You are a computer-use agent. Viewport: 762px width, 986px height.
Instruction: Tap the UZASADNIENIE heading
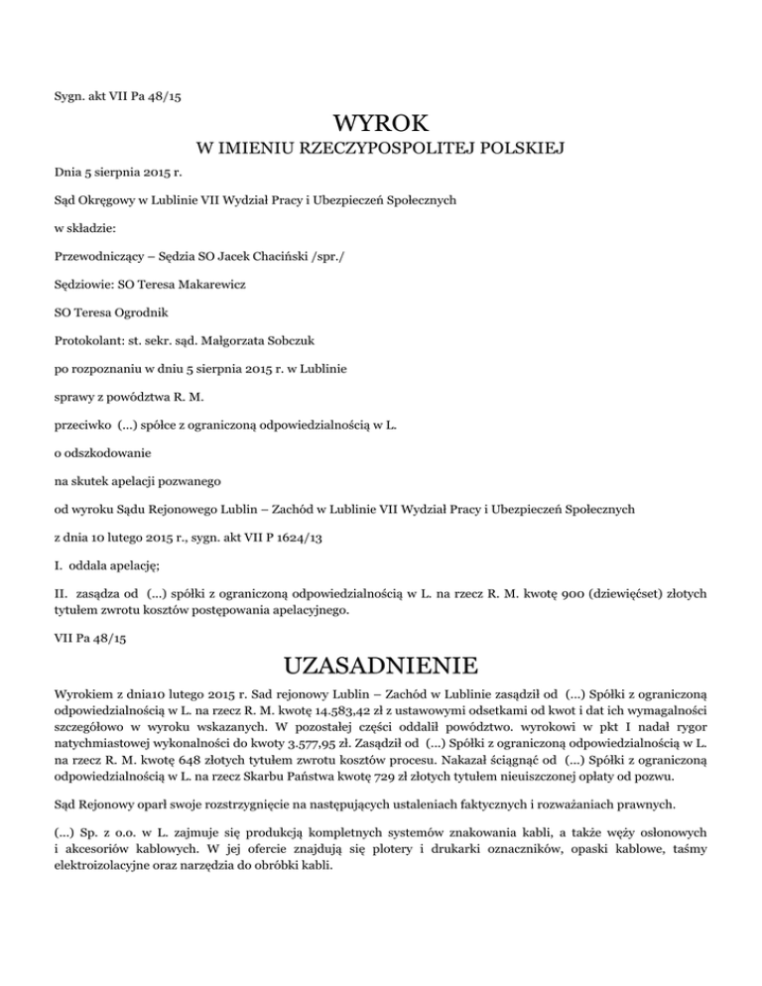[381, 664]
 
